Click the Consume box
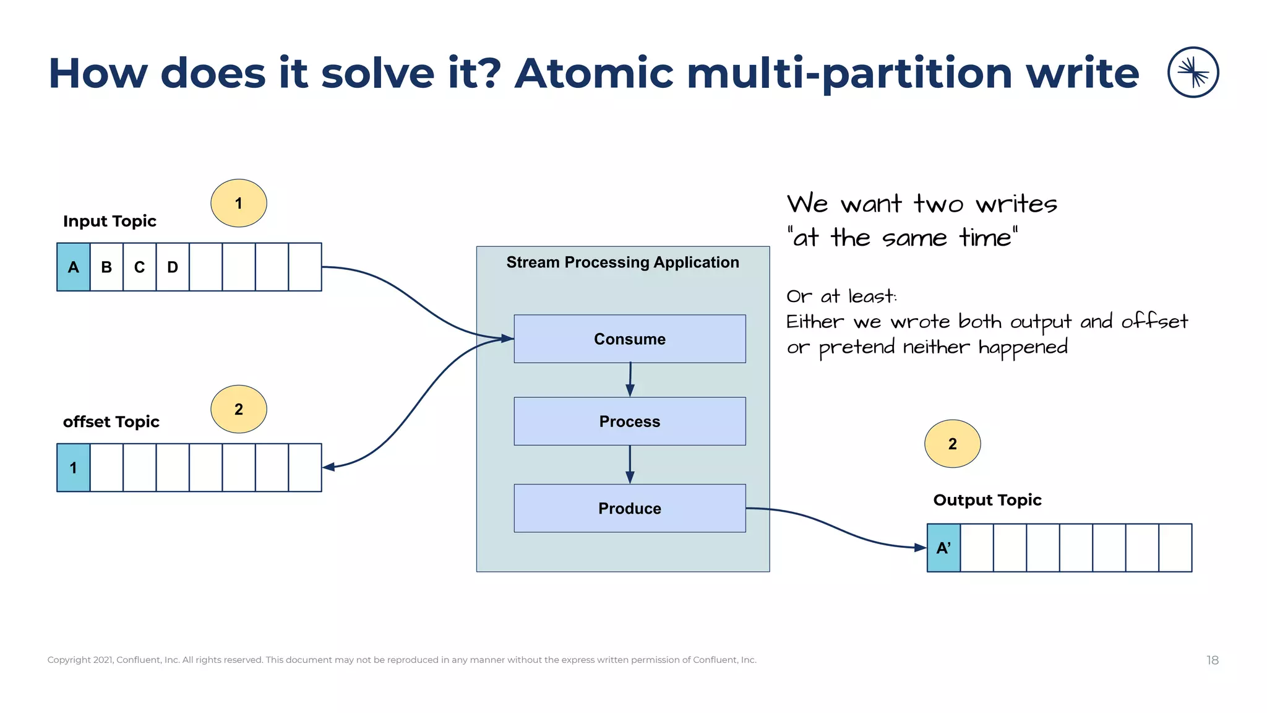(629, 339)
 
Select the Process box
(629, 421)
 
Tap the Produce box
(629, 508)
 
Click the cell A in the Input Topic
(73, 267)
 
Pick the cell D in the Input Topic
(173, 267)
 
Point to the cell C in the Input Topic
(139, 267)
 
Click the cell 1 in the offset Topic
(73, 467)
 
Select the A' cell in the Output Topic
(943, 548)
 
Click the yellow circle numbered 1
(239, 203)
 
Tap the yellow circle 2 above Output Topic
(952, 444)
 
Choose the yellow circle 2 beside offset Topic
(239, 409)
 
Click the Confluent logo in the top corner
(1193, 72)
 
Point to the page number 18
(1212, 660)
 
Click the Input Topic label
(110, 221)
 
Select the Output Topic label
(987, 499)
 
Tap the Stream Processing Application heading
(622, 262)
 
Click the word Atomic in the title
(594, 73)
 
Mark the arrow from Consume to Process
(630, 379)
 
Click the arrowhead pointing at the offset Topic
(329, 467)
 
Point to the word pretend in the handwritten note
(857, 348)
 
